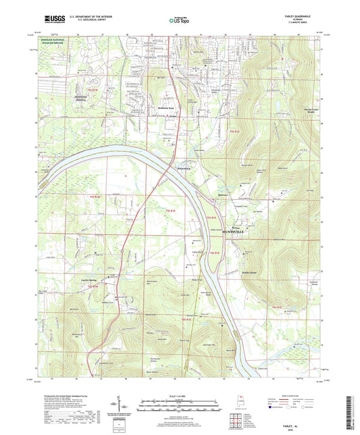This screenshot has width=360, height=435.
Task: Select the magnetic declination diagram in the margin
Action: pos(124,407)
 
